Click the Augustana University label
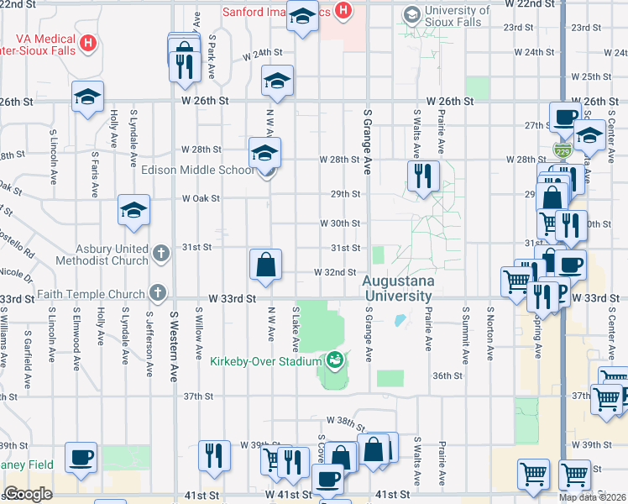(398, 288)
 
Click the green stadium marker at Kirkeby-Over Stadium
(335, 360)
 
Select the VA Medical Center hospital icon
(88, 40)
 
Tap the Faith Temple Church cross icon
(155, 293)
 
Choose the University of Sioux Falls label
(453, 16)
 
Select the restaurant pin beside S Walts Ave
(421, 176)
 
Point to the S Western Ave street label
(175, 344)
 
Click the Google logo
(28, 494)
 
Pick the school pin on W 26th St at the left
(87, 96)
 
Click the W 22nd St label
(527, 4)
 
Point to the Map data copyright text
(592, 497)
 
